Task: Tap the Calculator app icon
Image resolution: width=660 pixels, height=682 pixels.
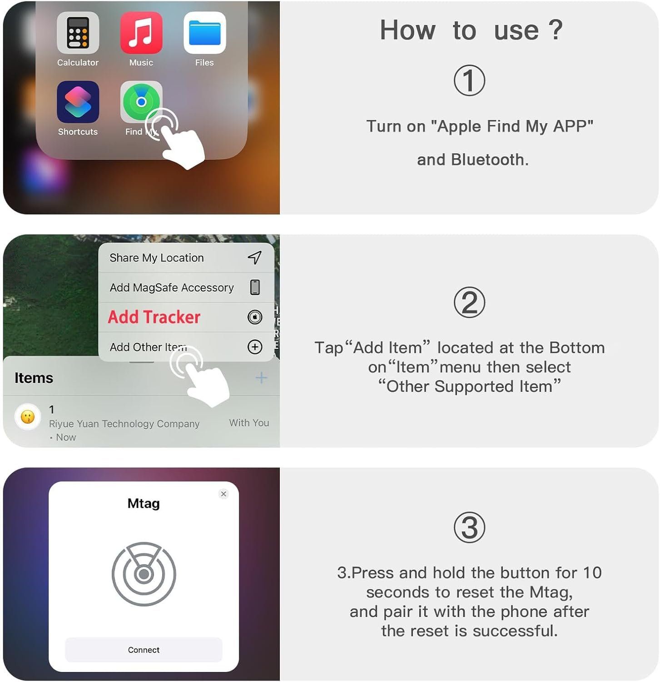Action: [78, 33]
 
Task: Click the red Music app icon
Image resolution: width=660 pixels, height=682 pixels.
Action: [141, 33]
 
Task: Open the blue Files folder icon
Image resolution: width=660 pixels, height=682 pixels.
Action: [204, 33]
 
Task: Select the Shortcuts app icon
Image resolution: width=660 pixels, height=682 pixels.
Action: [78, 102]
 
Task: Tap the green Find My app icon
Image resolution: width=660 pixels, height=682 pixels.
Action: [141, 101]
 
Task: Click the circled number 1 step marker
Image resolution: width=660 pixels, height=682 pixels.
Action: [469, 81]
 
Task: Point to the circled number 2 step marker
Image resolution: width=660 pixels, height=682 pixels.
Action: [469, 302]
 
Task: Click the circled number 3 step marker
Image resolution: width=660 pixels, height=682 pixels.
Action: [469, 527]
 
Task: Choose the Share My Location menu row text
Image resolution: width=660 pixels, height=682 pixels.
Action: [157, 258]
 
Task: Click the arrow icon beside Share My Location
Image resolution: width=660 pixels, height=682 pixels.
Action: [254, 257]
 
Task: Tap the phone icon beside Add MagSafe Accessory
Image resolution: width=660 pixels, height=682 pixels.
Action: [255, 287]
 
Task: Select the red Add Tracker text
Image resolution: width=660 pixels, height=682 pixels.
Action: [154, 317]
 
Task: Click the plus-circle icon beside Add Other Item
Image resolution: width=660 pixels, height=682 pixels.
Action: [255, 347]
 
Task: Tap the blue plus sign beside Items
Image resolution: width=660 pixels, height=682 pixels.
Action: [261, 377]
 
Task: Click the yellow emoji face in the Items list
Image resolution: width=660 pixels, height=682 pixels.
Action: [28, 416]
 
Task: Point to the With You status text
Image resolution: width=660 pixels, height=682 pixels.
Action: [249, 423]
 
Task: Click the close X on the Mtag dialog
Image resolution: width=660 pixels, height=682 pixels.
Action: [223, 494]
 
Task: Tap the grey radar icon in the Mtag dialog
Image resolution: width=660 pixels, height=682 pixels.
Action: [144, 574]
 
